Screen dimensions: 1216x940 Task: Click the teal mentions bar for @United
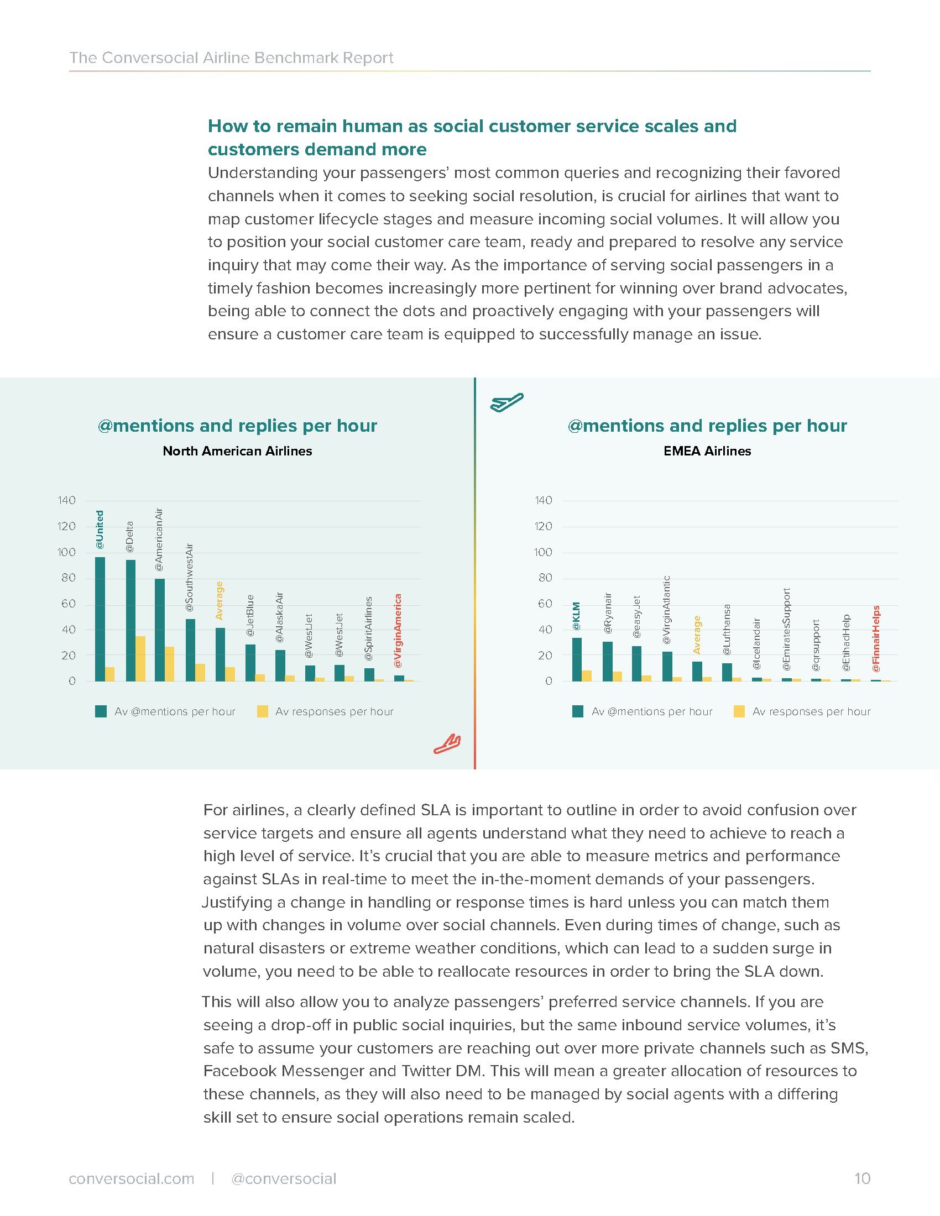point(100,619)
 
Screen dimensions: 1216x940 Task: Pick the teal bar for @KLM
point(577,659)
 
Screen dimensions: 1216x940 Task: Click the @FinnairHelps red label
point(876,638)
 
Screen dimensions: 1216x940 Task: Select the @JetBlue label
point(250,616)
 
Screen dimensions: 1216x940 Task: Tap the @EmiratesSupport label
point(786,629)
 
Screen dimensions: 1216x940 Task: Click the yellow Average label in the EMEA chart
point(697,635)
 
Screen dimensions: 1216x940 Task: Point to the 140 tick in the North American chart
point(67,500)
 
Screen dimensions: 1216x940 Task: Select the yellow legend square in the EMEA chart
point(739,711)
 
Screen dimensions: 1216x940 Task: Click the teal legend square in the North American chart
point(101,711)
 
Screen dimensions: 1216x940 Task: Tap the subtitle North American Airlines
point(237,451)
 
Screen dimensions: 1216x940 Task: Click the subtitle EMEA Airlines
point(707,451)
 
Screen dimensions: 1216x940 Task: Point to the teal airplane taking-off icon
point(506,401)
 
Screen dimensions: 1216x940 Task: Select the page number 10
point(862,1179)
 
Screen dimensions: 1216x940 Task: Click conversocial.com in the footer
point(132,1179)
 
